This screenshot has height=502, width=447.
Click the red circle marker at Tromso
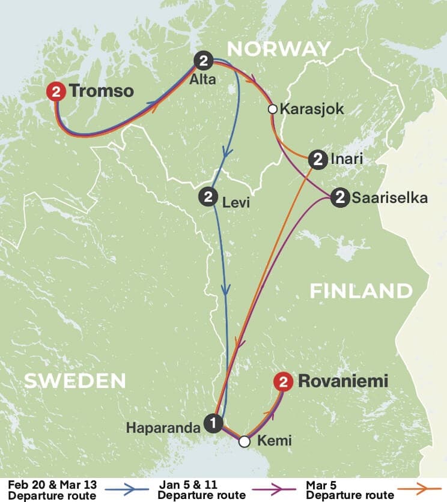click(56, 92)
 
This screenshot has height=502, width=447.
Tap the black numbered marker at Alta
click(204, 60)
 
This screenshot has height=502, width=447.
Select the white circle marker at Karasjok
click(272, 109)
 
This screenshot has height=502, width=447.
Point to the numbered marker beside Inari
click(317, 159)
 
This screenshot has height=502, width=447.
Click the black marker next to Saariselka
click(339, 198)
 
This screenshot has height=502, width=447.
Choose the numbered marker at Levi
click(208, 197)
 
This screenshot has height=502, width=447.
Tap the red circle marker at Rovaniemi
click(282, 381)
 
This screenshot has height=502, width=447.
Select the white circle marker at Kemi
click(244, 441)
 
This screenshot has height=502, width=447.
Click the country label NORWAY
click(278, 48)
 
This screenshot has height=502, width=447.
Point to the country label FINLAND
click(361, 291)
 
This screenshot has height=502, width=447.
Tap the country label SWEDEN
click(75, 381)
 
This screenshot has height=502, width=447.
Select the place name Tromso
click(101, 92)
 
